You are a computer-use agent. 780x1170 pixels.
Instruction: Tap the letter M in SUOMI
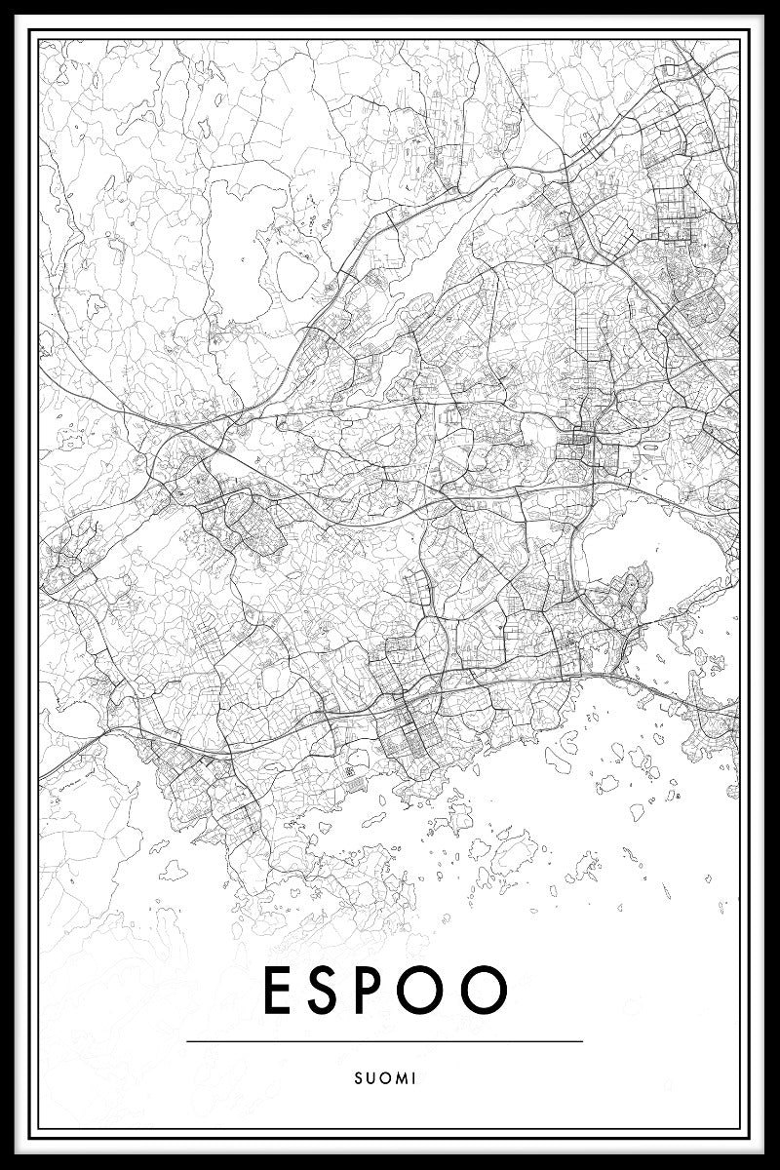(x=400, y=1078)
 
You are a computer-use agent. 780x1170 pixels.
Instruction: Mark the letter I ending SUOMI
(x=414, y=1078)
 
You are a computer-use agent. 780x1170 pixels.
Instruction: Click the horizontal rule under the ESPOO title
(x=384, y=1041)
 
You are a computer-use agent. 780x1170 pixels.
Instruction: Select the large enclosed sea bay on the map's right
(x=651, y=552)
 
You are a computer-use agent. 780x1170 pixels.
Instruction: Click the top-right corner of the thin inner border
(x=741, y=38)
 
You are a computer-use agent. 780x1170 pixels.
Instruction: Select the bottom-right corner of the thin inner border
(x=741, y=1131)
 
